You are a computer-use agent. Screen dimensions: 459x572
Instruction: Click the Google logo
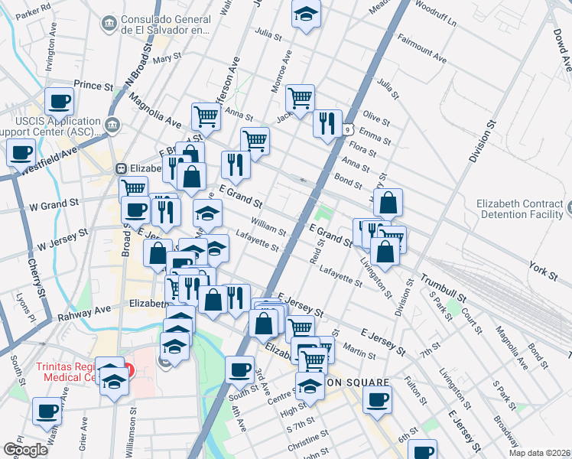coord(26,450)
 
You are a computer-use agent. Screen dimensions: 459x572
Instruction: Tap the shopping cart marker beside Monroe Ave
coord(301,97)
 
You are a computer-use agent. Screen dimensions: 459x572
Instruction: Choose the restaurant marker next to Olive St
coord(327,122)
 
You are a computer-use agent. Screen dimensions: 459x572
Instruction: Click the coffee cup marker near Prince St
coord(59,101)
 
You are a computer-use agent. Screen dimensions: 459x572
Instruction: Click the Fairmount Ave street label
coord(422,52)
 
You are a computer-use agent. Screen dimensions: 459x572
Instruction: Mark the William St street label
coord(269,227)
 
